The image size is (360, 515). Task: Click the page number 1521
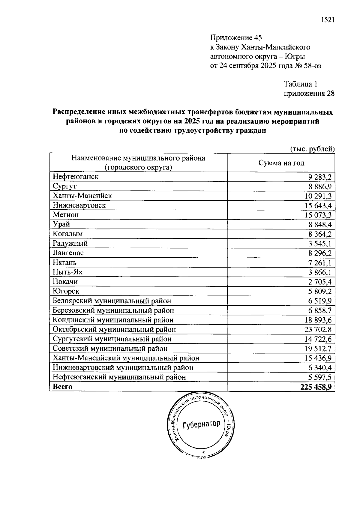coord(327,20)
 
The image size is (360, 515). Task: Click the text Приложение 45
coord(236,38)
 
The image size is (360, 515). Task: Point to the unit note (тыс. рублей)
coord(312,149)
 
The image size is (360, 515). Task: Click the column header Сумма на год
coord(281,163)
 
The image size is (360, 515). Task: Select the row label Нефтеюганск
coord(76,177)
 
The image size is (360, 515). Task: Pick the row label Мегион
coord(66,215)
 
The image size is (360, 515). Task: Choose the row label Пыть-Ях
coord(67,272)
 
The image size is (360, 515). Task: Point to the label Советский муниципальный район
coord(110,349)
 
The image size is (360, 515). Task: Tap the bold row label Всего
coord(63,387)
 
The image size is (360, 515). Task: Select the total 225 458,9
coord(316,387)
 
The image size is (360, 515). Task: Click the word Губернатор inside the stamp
coord(201,425)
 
